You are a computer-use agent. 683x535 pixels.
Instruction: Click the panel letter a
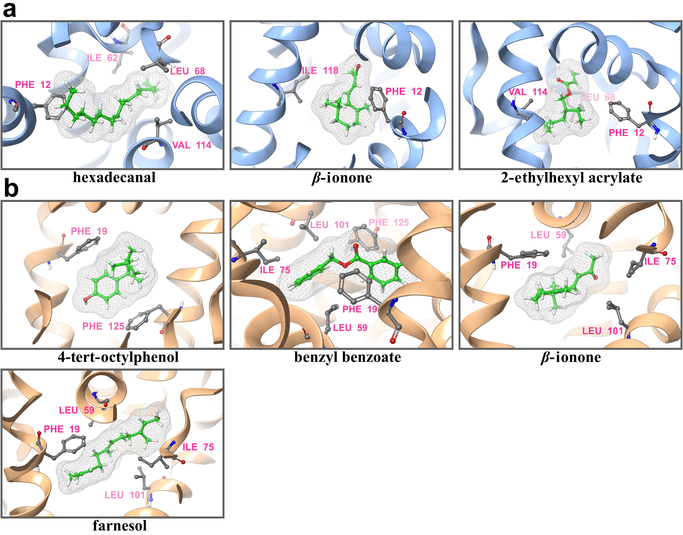point(9,10)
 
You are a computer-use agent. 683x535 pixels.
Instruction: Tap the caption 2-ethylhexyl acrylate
point(571,178)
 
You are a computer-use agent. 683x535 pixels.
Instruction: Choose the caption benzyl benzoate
point(347,357)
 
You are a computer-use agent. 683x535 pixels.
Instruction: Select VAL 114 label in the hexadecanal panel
point(191,145)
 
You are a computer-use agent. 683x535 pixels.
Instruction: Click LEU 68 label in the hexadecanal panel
point(187,71)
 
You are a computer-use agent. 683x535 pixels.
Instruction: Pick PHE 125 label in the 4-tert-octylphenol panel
point(103,326)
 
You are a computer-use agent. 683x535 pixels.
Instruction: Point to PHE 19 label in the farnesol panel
point(62,429)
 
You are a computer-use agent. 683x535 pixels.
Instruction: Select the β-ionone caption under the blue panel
point(342,178)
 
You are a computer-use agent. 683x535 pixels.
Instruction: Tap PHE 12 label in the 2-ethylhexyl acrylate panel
point(626,133)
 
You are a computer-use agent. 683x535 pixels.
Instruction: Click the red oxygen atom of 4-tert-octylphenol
point(86,300)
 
